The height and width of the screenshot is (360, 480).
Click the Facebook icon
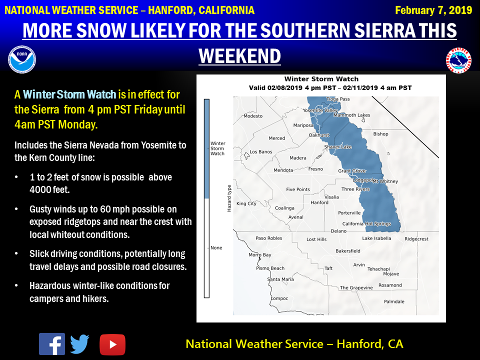pos(51,344)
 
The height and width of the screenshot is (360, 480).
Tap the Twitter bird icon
pos(79,344)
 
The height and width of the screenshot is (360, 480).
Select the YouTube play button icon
pos(112,344)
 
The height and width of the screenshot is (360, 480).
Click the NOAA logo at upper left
pos(21,59)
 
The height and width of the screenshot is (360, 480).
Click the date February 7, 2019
pos(433,10)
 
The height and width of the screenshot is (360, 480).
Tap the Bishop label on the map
pos(380,134)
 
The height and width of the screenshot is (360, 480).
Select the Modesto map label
pos(253,116)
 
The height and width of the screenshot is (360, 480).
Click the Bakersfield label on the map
pos(348,250)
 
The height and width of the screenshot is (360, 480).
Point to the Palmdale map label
pos(394,301)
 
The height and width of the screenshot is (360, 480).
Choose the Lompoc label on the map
pos(279,298)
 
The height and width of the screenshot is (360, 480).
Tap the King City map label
pos(246,203)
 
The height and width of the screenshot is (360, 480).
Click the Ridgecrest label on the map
pos(416,239)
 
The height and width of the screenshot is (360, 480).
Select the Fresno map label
pos(315,169)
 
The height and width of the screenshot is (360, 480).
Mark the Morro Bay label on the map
pos(260,255)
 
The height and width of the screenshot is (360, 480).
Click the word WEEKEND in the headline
pos(239,56)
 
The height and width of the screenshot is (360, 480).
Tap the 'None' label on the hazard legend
pos(216,247)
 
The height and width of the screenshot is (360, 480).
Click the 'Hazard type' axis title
pos(229,197)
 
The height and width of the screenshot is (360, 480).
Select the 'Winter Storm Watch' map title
pos(321,78)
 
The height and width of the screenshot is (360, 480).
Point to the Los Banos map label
pos(261,151)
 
